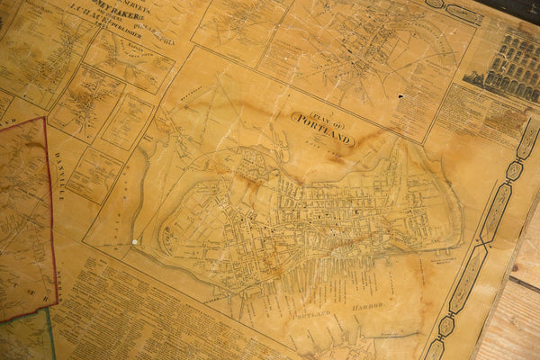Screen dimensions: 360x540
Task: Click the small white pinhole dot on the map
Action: (x=135, y=241)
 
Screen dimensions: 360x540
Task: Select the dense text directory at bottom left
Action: (x=153, y=315)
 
